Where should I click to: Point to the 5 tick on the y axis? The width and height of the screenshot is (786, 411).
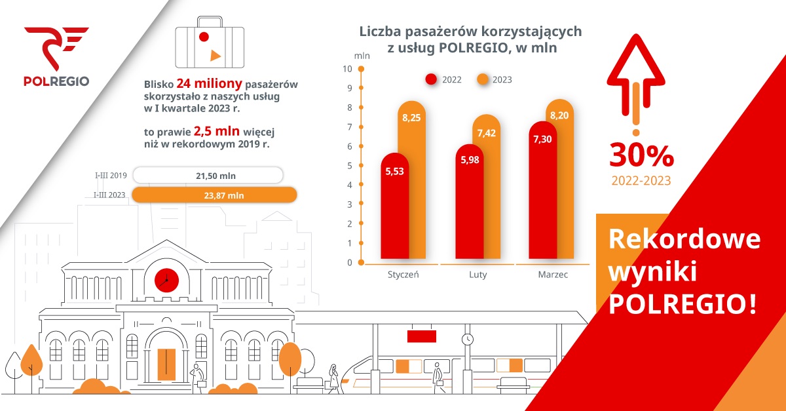click(x=350, y=166)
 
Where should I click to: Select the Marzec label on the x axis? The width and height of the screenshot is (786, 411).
click(x=553, y=275)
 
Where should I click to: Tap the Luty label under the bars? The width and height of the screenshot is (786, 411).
click(x=477, y=275)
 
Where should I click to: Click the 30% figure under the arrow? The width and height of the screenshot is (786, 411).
click(x=641, y=156)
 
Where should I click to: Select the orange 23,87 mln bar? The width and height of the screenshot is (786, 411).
click(x=214, y=195)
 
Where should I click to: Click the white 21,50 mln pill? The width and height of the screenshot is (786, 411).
click(x=208, y=175)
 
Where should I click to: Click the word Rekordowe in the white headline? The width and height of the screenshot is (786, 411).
click(x=684, y=240)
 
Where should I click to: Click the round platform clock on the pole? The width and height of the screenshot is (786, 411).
click(x=467, y=339)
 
